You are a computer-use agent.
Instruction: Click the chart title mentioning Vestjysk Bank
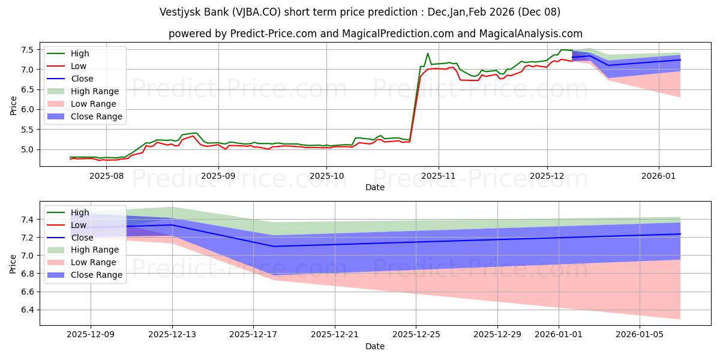coord(359,11)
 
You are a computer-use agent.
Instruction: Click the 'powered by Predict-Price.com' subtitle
coord(375,34)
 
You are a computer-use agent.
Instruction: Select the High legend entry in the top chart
coord(79,53)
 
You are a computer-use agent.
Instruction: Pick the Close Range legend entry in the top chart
coord(96,116)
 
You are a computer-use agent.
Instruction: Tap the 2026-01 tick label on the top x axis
coord(659,176)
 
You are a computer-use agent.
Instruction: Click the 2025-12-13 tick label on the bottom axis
coord(172,335)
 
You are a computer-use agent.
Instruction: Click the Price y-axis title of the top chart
coord(13,105)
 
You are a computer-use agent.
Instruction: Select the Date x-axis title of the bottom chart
coord(375,346)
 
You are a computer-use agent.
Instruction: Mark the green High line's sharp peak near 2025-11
coord(428,53)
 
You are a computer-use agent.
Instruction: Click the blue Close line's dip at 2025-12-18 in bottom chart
coord(274,246)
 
